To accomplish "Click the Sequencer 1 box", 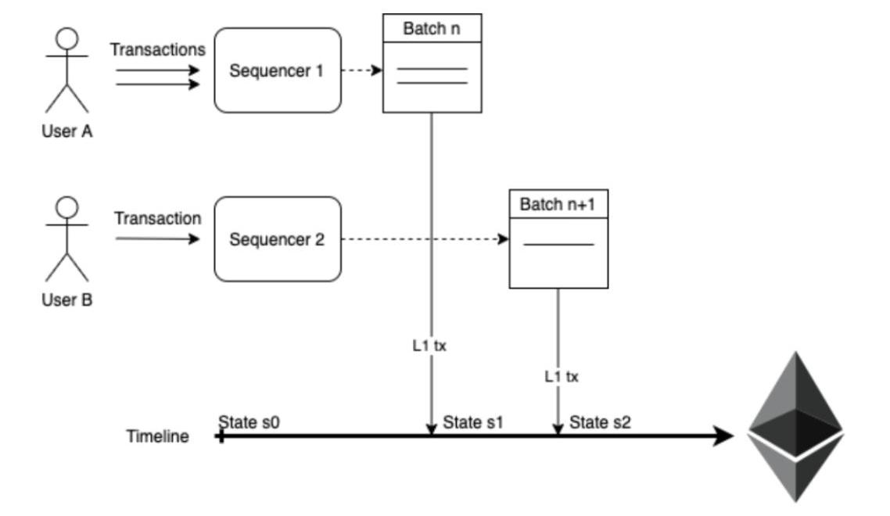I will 277,70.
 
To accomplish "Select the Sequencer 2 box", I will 277,239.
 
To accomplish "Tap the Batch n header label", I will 432,28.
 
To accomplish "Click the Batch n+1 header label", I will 558,205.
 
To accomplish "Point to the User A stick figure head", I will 67,38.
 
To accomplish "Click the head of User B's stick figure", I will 67,207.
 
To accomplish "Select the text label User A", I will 67,131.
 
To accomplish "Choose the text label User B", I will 67,299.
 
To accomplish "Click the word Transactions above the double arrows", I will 158,49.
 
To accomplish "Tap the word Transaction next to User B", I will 158,218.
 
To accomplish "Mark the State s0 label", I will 249,422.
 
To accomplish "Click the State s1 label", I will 473,423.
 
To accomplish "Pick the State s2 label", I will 600,423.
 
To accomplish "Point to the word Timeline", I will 158,436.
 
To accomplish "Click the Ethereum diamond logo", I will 795,426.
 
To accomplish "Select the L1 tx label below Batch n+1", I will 562,376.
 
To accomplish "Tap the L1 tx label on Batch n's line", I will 429,345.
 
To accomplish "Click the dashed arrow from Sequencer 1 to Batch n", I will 361,70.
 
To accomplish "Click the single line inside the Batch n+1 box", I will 558,245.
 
